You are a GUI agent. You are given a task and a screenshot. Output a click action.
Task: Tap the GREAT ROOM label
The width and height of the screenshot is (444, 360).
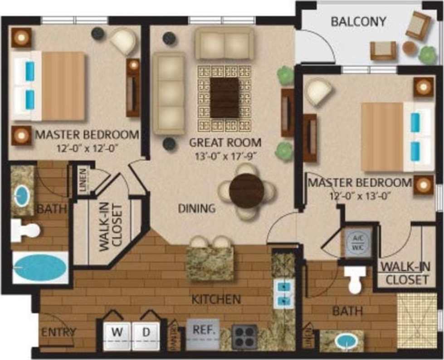click(225, 142)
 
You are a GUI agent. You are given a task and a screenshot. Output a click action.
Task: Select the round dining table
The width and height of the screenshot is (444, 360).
click(246, 190)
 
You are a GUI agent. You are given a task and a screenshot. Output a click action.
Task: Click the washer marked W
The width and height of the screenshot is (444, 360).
click(117, 336)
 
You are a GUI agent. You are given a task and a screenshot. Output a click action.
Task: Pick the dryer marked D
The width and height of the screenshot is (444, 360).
click(146, 336)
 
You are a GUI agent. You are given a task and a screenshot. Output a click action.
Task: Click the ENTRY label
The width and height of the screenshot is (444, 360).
click(59, 331)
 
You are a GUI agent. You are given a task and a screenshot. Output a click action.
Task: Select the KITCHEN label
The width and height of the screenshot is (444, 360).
click(215, 299)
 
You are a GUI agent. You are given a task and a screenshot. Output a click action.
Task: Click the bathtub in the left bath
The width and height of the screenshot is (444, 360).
click(40, 268)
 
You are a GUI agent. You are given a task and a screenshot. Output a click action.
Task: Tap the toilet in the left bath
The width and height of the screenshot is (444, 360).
click(25, 230)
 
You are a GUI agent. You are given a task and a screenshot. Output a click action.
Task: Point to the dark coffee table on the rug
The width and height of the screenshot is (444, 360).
click(224, 97)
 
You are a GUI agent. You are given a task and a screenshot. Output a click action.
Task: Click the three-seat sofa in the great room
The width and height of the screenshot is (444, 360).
click(169, 93)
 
